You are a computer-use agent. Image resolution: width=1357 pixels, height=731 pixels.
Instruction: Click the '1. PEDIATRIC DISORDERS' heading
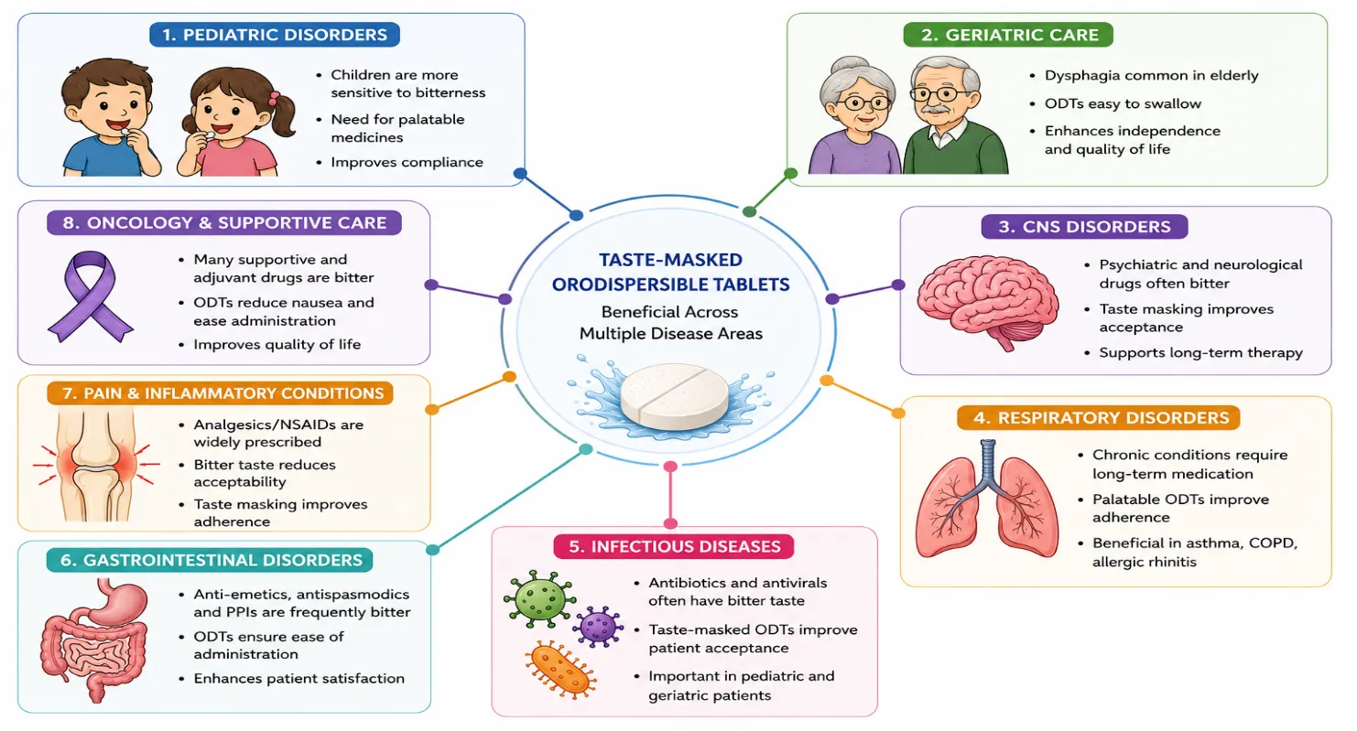(275, 35)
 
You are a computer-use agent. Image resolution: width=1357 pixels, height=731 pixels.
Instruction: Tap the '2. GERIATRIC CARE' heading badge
(1008, 35)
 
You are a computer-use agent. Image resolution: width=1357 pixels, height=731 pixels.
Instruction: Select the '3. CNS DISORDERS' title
(1084, 226)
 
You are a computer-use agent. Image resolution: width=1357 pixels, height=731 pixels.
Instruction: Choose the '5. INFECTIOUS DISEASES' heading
(674, 546)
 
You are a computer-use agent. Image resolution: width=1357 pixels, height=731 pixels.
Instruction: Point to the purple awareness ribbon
(91, 296)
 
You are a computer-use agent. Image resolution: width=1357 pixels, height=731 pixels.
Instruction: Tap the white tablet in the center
(674, 394)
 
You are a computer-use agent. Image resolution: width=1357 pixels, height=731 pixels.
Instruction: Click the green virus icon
(539, 598)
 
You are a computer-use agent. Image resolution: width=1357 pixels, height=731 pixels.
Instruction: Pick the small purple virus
(598, 627)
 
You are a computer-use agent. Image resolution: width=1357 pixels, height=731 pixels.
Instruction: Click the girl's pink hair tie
(275, 98)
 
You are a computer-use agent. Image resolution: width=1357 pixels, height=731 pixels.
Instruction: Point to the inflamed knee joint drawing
(96, 464)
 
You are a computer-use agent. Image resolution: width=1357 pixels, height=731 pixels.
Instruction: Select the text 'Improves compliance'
(407, 162)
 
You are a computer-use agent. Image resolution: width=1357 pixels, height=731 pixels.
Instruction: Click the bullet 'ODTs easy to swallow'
(1123, 103)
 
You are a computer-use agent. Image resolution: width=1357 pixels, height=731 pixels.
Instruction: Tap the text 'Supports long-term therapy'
(1200, 353)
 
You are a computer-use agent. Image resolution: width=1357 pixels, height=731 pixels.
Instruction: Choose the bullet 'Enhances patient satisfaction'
(299, 678)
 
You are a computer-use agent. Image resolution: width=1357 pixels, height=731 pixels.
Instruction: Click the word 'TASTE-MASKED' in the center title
(670, 260)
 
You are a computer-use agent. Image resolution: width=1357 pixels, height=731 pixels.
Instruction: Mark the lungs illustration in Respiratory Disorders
(987, 500)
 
